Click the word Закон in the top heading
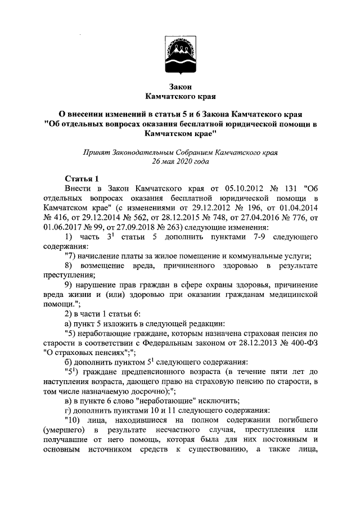point(180,87)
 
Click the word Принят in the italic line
point(96,151)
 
